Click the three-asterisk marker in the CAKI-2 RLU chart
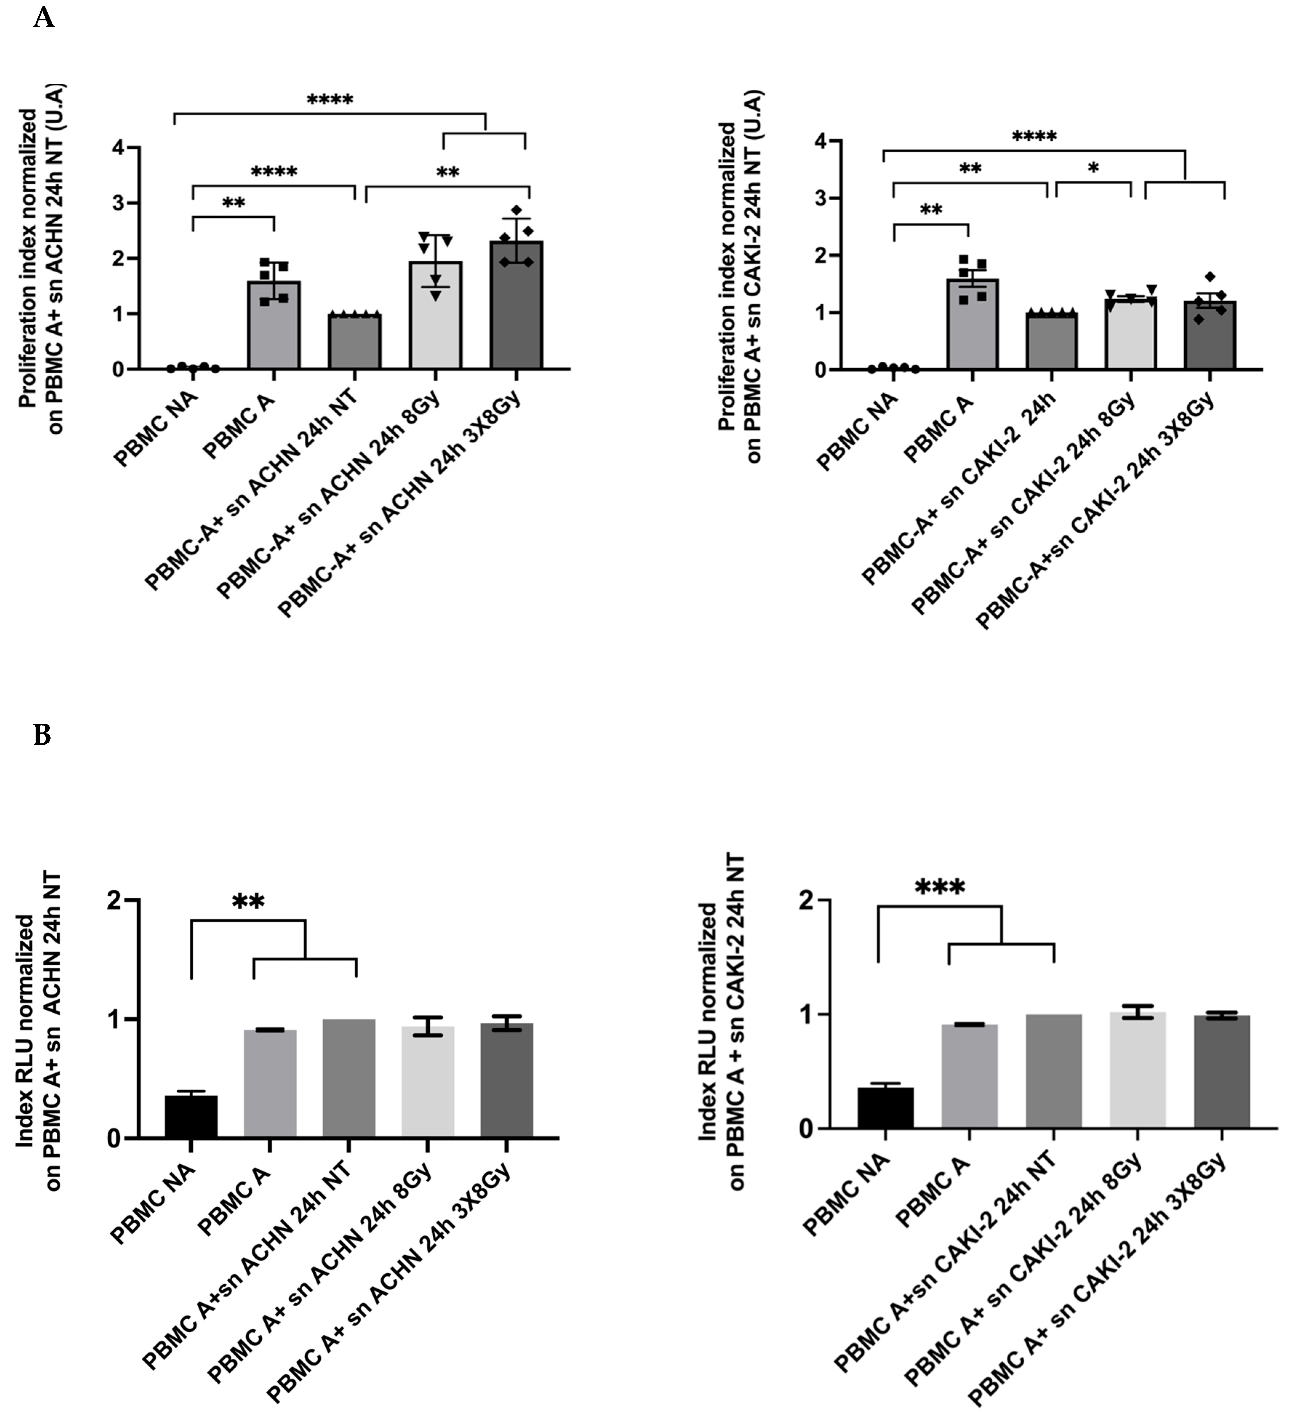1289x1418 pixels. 940,888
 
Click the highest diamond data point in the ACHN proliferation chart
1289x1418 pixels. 516,210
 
